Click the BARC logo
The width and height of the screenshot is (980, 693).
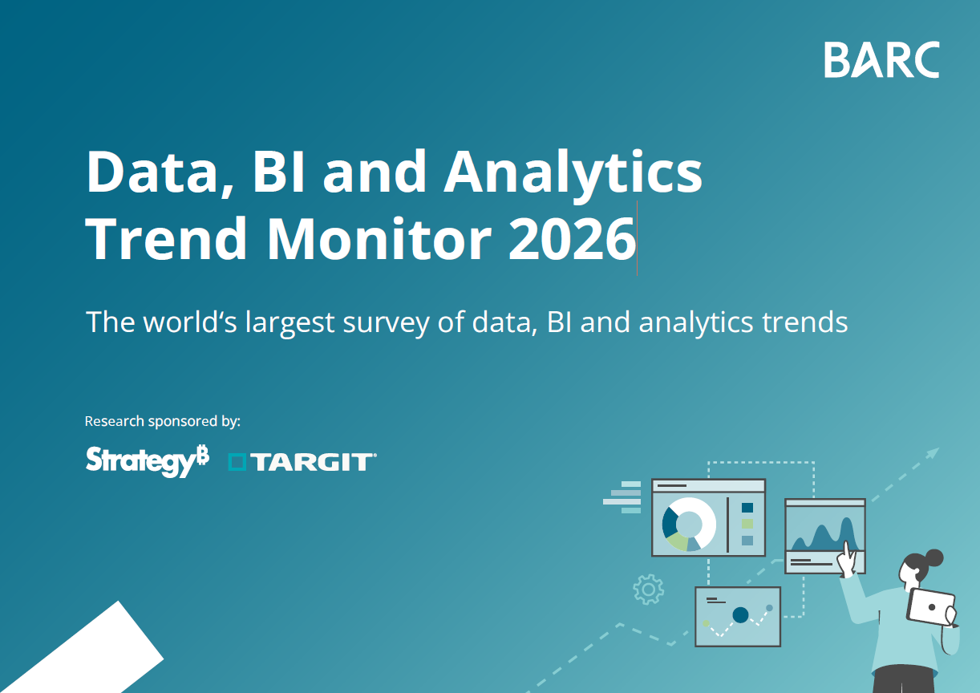coord(881,60)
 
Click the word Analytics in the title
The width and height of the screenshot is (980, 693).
coord(573,171)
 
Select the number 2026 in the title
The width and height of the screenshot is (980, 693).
coord(571,238)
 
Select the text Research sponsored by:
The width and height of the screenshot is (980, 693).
coord(163,421)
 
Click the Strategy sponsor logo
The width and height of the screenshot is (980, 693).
coord(148,460)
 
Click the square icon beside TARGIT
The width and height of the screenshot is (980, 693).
coord(237,461)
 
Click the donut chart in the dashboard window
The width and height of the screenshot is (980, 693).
coord(688,524)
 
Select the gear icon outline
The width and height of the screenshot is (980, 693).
coord(648,589)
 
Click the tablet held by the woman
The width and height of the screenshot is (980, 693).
coord(931,606)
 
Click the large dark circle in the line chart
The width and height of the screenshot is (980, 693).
coord(740,615)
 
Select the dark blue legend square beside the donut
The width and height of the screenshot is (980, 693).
coord(747,507)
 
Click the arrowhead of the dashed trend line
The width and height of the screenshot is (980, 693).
coord(932,453)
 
